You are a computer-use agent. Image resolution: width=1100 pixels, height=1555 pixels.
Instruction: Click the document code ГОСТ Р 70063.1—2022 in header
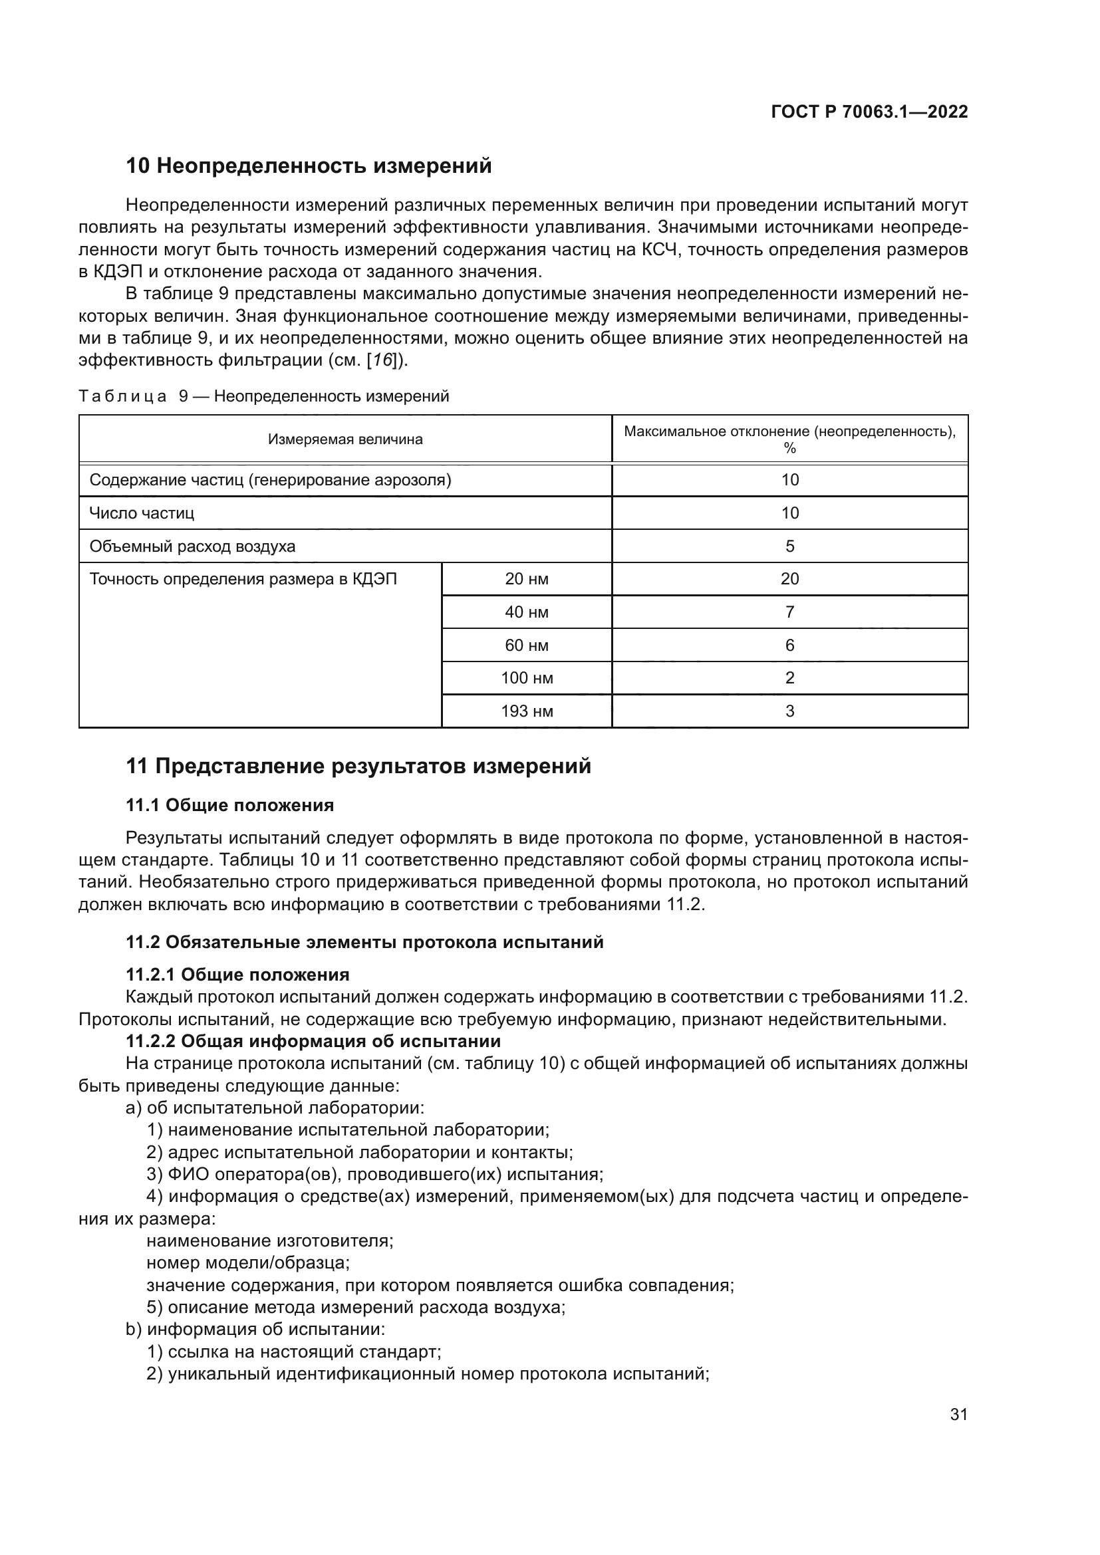pyautogui.click(x=869, y=112)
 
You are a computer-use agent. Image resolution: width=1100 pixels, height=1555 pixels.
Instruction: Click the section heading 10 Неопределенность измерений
pyautogui.click(x=309, y=166)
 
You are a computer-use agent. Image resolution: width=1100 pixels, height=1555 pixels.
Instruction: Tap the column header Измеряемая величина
pyautogui.click(x=344, y=439)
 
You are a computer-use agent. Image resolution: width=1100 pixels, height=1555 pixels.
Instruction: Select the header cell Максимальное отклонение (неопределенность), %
pyautogui.click(x=789, y=439)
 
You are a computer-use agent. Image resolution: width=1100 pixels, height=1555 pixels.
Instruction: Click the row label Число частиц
pyautogui.click(x=142, y=513)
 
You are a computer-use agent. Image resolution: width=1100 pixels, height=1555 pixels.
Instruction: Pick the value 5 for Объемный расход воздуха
pyautogui.click(x=789, y=546)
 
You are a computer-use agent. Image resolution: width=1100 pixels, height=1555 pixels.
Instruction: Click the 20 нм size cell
pyautogui.click(x=526, y=579)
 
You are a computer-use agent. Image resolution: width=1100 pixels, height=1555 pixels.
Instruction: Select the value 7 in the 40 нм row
pyautogui.click(x=789, y=612)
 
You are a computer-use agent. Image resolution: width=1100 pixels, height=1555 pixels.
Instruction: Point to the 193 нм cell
pyautogui.click(x=526, y=711)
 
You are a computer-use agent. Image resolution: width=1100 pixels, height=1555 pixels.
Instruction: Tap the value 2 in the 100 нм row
pyautogui.click(x=789, y=678)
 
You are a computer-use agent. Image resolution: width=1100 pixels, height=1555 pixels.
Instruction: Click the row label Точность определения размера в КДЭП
pyautogui.click(x=243, y=579)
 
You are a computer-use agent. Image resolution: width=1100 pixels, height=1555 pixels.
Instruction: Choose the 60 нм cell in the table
pyautogui.click(x=526, y=646)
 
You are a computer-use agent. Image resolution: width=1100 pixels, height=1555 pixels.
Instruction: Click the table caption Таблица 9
pyautogui.click(x=263, y=396)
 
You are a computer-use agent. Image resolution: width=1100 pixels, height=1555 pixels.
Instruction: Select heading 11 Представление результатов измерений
pyautogui.click(x=358, y=766)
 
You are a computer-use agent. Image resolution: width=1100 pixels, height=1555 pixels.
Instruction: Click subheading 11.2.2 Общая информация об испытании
pyautogui.click(x=313, y=1041)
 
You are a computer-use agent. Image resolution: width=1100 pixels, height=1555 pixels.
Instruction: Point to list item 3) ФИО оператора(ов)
pyautogui.click(x=374, y=1173)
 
